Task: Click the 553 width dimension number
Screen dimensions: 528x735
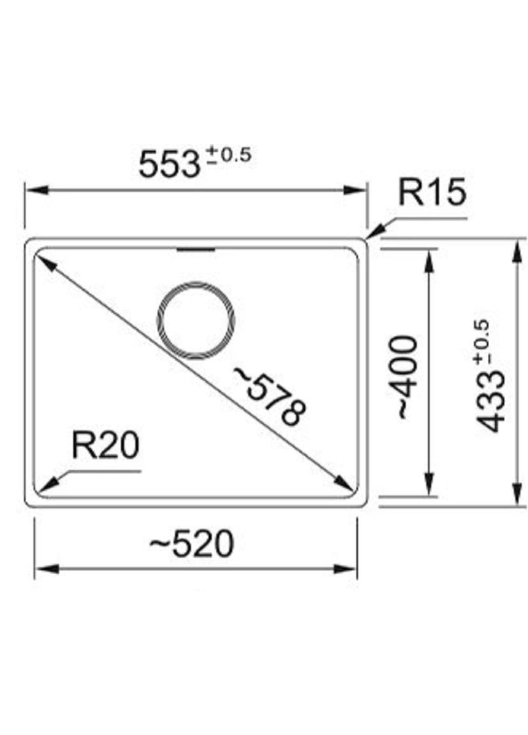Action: coord(169,165)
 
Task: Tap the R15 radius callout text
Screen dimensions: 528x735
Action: coord(432,191)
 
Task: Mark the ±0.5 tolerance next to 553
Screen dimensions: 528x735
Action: coord(230,154)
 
